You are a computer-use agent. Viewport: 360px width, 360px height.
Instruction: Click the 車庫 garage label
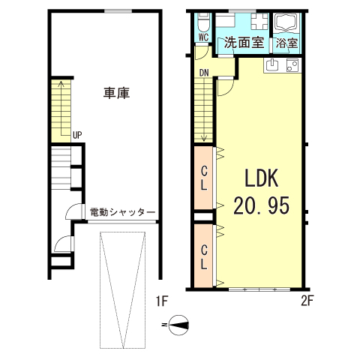tap(116, 94)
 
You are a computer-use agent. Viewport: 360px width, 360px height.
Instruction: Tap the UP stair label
tap(76, 136)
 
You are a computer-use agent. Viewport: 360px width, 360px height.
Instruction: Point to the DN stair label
tap(204, 73)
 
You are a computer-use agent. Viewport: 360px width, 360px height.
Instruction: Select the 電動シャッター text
tap(121, 213)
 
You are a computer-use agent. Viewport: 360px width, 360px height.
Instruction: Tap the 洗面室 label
tap(244, 43)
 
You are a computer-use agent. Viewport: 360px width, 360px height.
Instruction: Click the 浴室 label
tap(286, 43)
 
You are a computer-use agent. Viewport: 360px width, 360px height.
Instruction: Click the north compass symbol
tap(178, 325)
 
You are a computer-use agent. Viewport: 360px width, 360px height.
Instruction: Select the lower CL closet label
tap(203, 256)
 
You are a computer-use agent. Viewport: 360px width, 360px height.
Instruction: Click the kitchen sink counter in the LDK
tap(283, 66)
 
